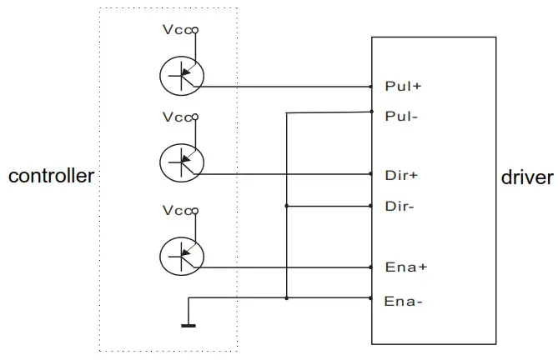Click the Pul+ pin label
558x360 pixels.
tap(402, 86)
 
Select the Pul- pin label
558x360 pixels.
tap(401, 116)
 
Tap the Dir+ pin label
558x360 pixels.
tap(401, 175)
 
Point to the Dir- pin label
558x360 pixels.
tap(400, 205)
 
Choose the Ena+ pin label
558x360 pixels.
tap(405, 267)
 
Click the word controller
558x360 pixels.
tap(51, 177)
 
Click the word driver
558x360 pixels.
tap(527, 177)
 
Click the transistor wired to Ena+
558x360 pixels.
tap(181, 255)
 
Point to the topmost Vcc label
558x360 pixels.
tap(177, 31)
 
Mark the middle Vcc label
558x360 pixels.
tap(177, 117)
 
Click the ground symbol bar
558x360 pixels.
tap(189, 325)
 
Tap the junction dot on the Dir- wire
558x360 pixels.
tap(287, 205)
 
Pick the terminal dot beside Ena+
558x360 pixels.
tap(371, 268)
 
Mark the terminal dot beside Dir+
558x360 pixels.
tap(371, 175)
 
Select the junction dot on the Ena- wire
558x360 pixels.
tap(287, 297)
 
